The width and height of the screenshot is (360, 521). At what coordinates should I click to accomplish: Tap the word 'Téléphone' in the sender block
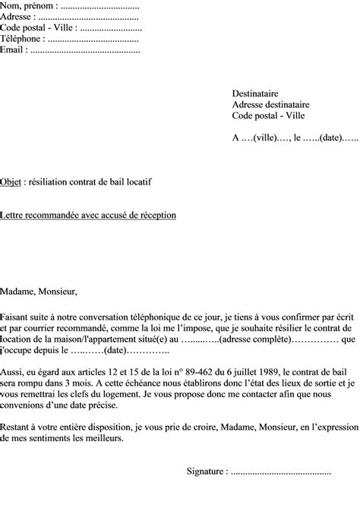21,38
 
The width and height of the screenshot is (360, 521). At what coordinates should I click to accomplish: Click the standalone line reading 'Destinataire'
257,93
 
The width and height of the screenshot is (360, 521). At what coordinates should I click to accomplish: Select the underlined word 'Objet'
11,182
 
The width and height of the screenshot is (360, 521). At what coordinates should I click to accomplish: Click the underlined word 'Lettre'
14,216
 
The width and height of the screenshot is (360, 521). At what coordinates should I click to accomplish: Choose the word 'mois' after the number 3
88,382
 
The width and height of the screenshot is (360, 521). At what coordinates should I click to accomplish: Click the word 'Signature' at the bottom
206,472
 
